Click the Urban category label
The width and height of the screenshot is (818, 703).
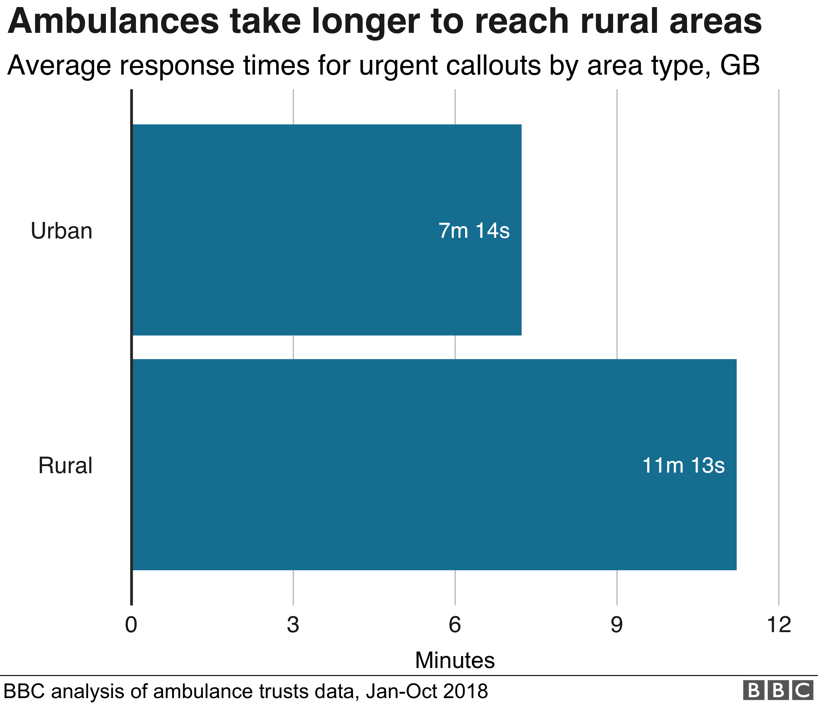(x=62, y=231)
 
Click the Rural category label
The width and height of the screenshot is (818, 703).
(x=65, y=465)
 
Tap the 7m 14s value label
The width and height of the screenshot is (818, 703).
(x=474, y=231)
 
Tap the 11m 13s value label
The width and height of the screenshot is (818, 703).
(x=683, y=465)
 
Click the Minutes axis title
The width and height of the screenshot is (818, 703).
(x=455, y=660)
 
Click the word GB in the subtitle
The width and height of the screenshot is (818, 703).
(x=739, y=65)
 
